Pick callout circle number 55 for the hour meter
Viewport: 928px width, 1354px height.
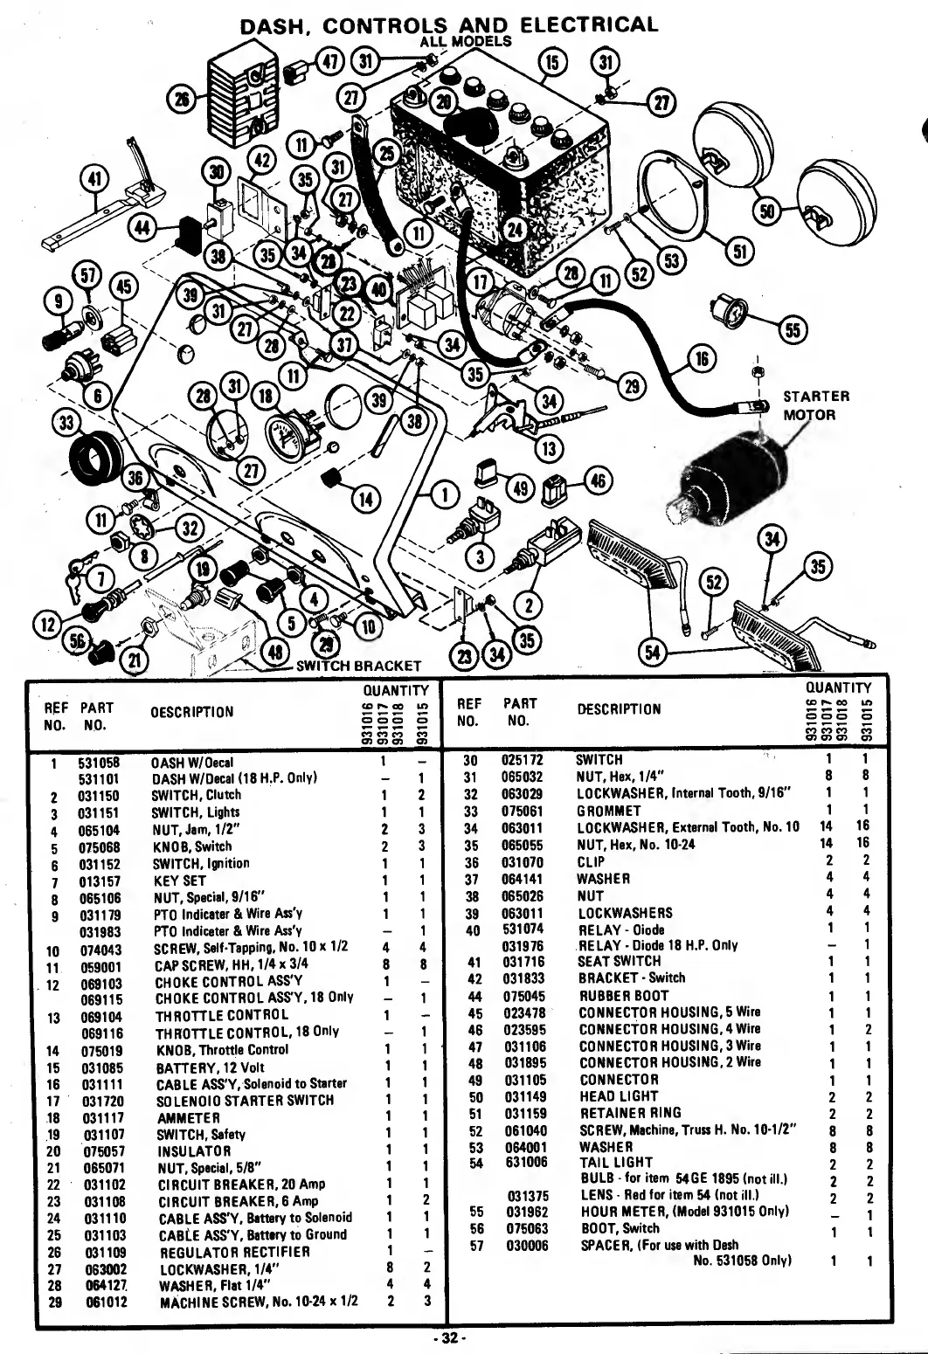point(793,329)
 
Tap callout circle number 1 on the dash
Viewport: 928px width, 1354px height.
point(446,495)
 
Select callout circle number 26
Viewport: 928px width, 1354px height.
point(184,100)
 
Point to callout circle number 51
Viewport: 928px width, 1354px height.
point(740,252)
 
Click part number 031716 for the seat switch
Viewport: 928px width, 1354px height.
point(522,961)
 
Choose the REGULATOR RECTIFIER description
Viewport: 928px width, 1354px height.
point(233,1252)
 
